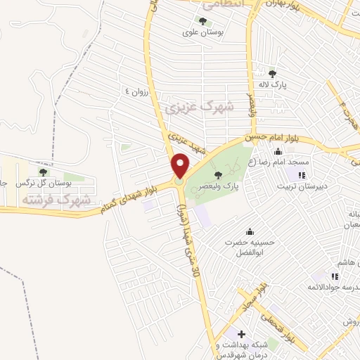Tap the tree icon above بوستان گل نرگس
[x=44, y=172]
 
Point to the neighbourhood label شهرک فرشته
[x=56, y=200]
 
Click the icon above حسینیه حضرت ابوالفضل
[x=250, y=232]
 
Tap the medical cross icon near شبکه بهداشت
[x=241, y=334]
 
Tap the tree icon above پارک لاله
[x=273, y=72]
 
